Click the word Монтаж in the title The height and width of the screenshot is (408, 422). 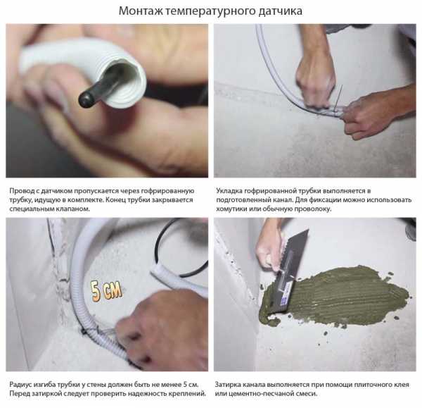[x=141, y=11]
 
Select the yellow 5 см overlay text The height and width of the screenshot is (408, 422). [x=107, y=291]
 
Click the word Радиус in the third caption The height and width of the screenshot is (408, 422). [x=20, y=385]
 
